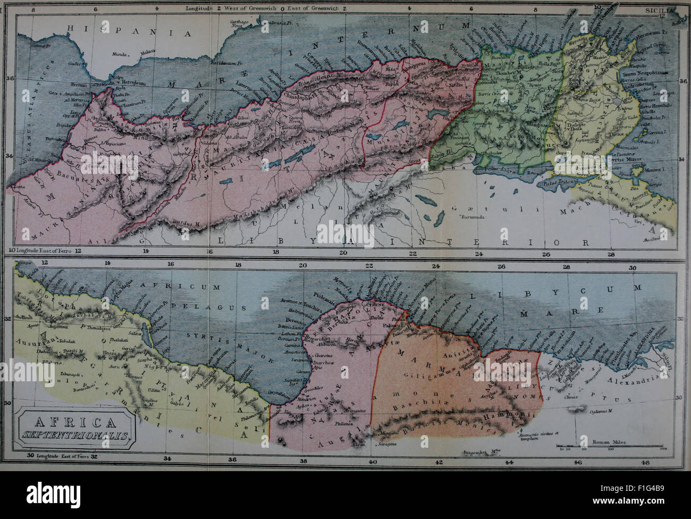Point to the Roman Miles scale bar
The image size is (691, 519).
[601, 448]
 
